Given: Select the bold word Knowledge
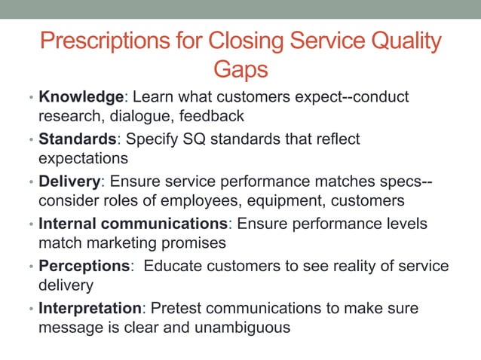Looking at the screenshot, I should click(81, 97).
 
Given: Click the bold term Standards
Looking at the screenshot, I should click(80, 139).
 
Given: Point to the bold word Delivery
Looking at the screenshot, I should click(69, 182).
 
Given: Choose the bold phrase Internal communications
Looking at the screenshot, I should click(132, 224).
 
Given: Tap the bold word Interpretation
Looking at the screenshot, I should click(90, 308).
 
